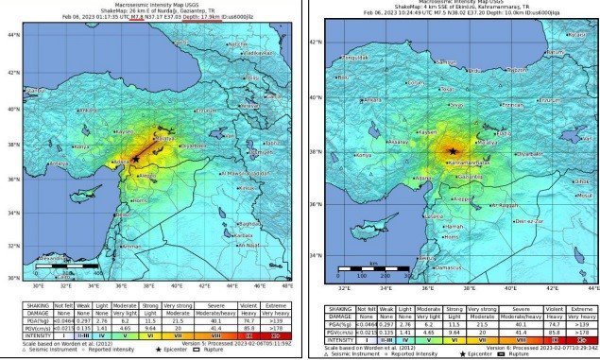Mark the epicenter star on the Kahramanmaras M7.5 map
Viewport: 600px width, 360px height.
tap(454, 151)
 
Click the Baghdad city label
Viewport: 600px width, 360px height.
tap(248, 213)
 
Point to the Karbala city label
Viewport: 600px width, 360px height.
tap(244, 234)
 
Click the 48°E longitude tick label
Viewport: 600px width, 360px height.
tap(286, 284)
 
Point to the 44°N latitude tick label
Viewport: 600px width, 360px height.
tap(13, 35)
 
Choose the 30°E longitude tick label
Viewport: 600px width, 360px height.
tap(39, 284)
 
